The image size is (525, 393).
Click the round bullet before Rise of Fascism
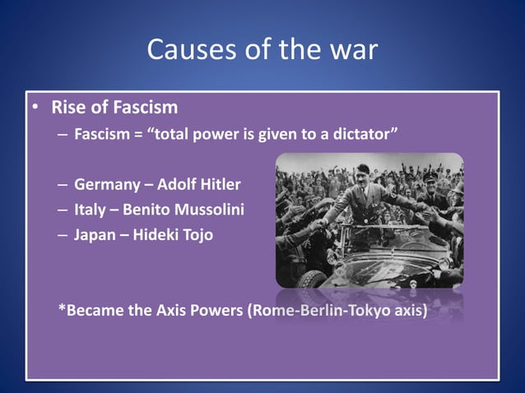[36, 109]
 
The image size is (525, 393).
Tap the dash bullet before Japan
[63, 235]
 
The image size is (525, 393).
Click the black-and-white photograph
[368, 220]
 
